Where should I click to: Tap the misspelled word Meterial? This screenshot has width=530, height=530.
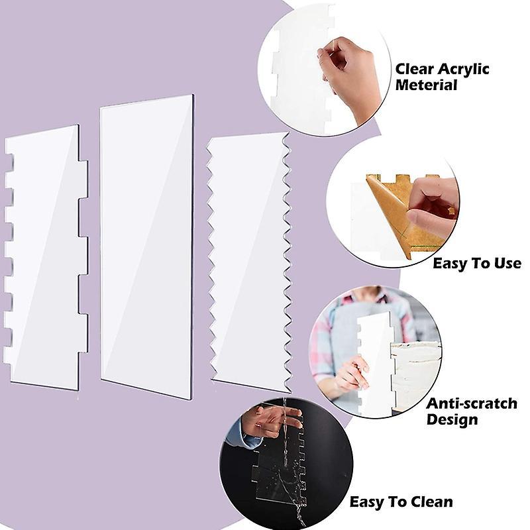coord(426,85)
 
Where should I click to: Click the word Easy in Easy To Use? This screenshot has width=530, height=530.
coord(449,264)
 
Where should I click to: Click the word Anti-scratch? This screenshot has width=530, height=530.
coord(472,403)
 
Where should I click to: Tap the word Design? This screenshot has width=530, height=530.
coord(452,419)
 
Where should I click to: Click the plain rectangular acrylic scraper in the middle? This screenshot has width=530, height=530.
coord(147,246)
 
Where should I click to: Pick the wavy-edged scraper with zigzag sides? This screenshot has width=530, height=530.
coord(249,262)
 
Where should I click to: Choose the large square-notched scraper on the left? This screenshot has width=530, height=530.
coord(46,258)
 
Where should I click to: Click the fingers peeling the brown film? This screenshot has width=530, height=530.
coord(431,203)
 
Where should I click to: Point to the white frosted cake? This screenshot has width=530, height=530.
coord(415,375)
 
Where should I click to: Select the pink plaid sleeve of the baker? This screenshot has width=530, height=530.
coord(321,352)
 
